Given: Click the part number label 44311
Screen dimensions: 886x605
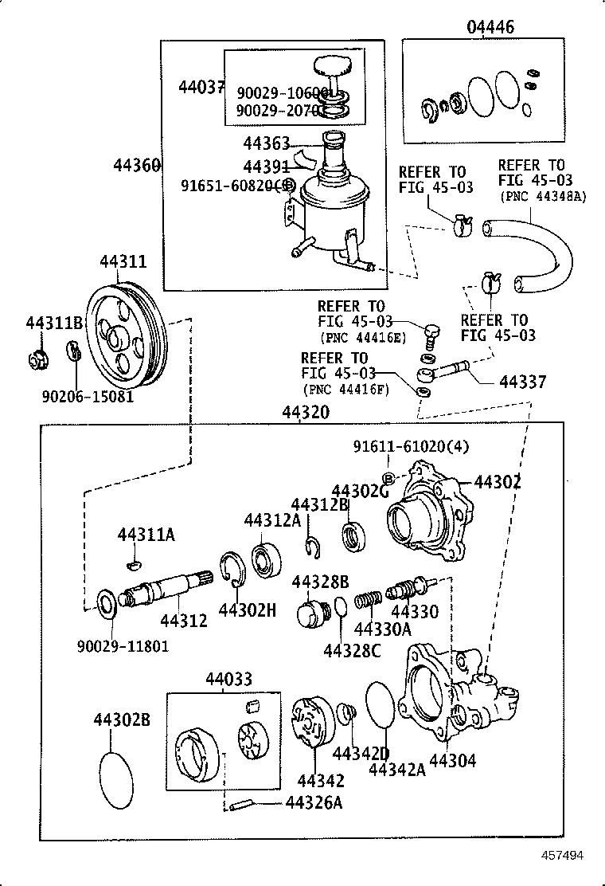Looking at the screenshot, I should point(123,261).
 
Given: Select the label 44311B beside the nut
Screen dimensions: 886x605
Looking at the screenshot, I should point(54,323).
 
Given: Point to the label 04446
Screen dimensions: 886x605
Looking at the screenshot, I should point(490,27).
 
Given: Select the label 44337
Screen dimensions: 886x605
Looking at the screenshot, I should point(523,382).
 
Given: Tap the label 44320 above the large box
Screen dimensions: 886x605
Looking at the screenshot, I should point(306,413).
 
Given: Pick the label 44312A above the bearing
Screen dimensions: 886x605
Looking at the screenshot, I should point(272,519).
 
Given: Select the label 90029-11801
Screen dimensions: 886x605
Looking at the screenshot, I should point(123,645).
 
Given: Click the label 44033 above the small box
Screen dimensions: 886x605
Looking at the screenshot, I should point(228,680).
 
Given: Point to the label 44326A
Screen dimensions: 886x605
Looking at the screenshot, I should point(314,802).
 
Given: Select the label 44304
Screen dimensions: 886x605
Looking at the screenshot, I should point(452,761).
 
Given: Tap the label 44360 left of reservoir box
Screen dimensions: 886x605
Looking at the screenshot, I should point(137,166).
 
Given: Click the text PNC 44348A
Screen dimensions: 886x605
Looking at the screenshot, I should point(541,196).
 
